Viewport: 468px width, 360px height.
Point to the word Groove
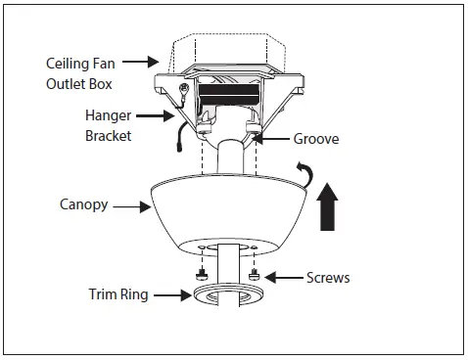coord(316,139)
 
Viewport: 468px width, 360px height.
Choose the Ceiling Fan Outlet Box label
coord(80,73)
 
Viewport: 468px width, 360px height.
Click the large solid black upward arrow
coord(325,210)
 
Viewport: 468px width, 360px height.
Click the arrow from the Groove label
coord(273,140)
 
